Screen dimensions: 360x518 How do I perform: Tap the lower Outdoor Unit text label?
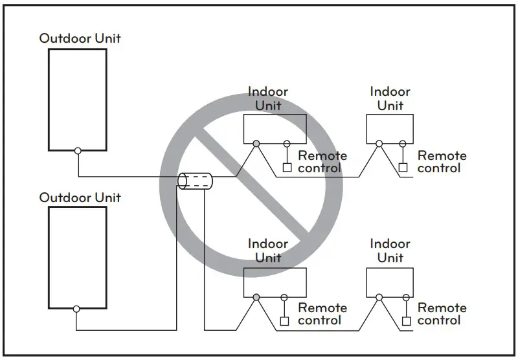80,197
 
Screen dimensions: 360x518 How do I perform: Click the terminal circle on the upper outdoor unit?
78,150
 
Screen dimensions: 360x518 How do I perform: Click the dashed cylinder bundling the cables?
195,181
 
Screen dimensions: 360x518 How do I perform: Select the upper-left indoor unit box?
275,129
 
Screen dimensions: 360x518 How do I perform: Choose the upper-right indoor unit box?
390,129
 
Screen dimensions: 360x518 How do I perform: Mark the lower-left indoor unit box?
275,281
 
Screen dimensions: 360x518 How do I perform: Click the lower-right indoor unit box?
390,281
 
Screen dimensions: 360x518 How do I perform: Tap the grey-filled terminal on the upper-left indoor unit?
257,144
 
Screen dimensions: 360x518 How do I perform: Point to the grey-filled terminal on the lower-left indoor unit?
257,297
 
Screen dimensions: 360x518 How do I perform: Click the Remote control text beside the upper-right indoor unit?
442,162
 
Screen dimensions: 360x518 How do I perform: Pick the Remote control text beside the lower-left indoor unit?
322,314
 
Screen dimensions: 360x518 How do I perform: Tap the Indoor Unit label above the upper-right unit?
390,98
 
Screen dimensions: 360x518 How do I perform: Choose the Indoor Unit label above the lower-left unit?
268,251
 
